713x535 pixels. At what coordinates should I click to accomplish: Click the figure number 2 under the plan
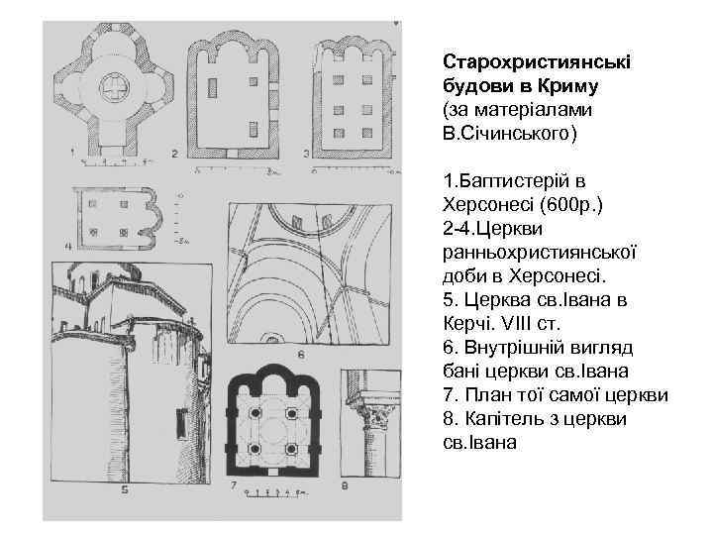174,154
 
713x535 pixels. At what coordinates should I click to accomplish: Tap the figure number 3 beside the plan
307,153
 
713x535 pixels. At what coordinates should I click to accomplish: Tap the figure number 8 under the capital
344,485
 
